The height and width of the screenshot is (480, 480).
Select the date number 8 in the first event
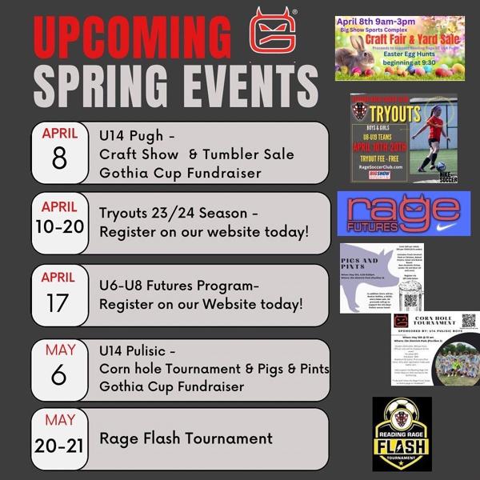click(60, 158)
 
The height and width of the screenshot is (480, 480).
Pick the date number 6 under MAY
click(60, 376)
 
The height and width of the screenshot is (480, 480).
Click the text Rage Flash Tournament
click(186, 438)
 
